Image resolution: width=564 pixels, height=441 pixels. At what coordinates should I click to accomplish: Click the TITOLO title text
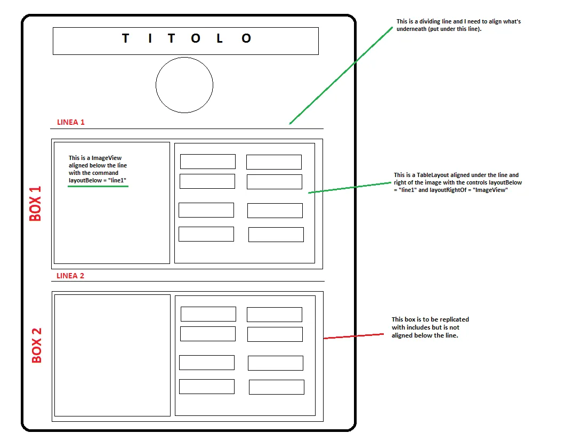[186, 39]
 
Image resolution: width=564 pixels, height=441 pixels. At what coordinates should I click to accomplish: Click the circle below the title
[184, 85]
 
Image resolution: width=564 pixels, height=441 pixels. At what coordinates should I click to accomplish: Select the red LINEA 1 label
[71, 122]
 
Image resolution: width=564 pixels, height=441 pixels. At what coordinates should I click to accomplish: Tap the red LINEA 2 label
[70, 276]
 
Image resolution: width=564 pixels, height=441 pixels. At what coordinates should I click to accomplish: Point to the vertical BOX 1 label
[36, 203]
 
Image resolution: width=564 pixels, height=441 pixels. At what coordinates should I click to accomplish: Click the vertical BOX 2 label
[36, 345]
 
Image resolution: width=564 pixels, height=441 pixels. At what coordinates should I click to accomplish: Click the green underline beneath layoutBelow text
[98, 187]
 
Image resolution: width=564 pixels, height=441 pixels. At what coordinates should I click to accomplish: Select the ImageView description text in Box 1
[98, 169]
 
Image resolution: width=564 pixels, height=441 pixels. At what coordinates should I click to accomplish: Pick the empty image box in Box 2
[112, 355]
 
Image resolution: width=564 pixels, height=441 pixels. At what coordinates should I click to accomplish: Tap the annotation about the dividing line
[458, 25]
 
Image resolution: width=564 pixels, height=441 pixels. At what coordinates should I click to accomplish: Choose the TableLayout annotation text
[457, 182]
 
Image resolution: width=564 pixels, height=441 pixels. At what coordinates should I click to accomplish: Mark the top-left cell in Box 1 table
[208, 162]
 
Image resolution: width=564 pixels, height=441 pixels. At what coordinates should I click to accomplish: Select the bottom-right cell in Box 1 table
[276, 235]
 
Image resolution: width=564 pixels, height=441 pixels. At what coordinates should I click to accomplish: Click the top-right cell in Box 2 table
[275, 315]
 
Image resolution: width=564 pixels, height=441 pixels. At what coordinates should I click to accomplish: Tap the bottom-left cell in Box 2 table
[207, 387]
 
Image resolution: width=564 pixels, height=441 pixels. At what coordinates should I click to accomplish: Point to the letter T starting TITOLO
[126, 38]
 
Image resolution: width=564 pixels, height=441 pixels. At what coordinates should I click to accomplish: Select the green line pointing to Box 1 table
[349, 187]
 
